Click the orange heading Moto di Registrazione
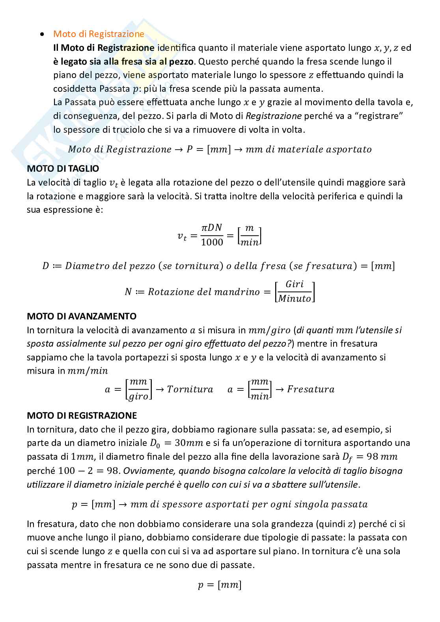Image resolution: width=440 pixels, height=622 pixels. [x=99, y=34]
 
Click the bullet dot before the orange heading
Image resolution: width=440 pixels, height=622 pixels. [x=41, y=35]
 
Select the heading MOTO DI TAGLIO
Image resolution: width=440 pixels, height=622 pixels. [x=63, y=169]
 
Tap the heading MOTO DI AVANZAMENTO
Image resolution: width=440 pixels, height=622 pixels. [x=82, y=316]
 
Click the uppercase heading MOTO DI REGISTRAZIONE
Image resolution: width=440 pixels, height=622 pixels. [x=82, y=416]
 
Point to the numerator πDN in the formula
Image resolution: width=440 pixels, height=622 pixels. [x=212, y=228]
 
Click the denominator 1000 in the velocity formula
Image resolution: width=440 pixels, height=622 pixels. [x=212, y=242]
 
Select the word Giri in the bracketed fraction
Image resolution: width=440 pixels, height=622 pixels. [x=295, y=284]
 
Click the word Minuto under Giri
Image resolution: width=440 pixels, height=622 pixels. [x=295, y=299]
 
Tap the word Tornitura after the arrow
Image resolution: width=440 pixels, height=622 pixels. [x=190, y=389]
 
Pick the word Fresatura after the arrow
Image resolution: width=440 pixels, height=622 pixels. [x=311, y=389]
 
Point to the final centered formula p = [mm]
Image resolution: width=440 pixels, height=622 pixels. [x=220, y=585]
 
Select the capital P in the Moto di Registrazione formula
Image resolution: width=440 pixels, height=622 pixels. [x=189, y=149]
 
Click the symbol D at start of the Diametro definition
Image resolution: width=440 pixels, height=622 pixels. [x=45, y=266]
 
